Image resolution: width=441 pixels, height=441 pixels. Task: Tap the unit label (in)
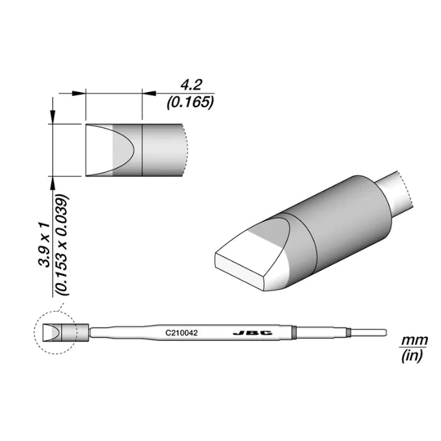point(413,357)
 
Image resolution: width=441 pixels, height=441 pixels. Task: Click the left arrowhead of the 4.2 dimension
point(79,93)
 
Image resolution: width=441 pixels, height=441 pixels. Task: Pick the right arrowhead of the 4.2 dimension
point(149,93)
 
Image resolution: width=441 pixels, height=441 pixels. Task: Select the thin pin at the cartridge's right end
point(372,332)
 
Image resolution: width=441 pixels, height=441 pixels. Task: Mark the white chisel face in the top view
point(98,150)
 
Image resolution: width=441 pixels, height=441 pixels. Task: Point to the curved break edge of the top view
point(187,150)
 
